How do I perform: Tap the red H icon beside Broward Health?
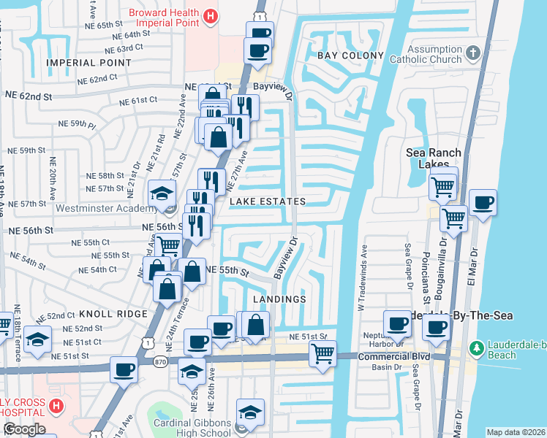[211, 15]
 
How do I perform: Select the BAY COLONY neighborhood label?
[350, 56]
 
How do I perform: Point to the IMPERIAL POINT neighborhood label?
[88, 64]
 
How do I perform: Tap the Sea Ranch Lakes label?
[434, 158]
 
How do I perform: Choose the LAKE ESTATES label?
[267, 201]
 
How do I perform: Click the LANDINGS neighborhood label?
[279, 299]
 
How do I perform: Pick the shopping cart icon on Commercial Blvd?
[322, 355]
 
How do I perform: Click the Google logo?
[24, 429]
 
